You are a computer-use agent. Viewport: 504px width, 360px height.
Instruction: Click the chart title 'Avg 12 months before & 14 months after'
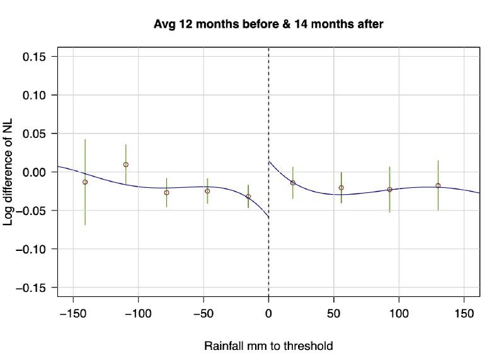tap(269, 25)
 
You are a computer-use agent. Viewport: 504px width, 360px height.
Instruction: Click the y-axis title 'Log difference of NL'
tap(13, 171)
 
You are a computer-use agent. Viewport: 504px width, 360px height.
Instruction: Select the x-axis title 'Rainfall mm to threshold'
tap(268, 346)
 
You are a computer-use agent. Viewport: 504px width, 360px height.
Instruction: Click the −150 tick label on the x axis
tap(73, 312)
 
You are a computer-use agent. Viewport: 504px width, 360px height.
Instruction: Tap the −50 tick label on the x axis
tap(203, 312)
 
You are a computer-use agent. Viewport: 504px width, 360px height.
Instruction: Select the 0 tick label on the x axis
tap(269, 312)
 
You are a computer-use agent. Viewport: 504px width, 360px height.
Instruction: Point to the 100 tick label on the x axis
tap(399, 312)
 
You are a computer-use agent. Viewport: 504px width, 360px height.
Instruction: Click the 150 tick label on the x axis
tap(464, 312)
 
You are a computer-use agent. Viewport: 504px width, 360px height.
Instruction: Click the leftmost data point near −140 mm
tap(85, 182)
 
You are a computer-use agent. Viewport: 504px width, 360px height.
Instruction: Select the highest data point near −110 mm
tap(126, 165)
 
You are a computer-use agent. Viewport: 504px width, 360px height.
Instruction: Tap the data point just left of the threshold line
tap(248, 197)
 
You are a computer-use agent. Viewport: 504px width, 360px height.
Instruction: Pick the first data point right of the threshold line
tap(293, 183)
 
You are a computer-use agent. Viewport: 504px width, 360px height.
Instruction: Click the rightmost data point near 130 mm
tap(438, 185)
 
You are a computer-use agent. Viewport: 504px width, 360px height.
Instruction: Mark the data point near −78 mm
tap(167, 193)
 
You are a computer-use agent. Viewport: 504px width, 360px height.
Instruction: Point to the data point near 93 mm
tap(390, 189)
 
